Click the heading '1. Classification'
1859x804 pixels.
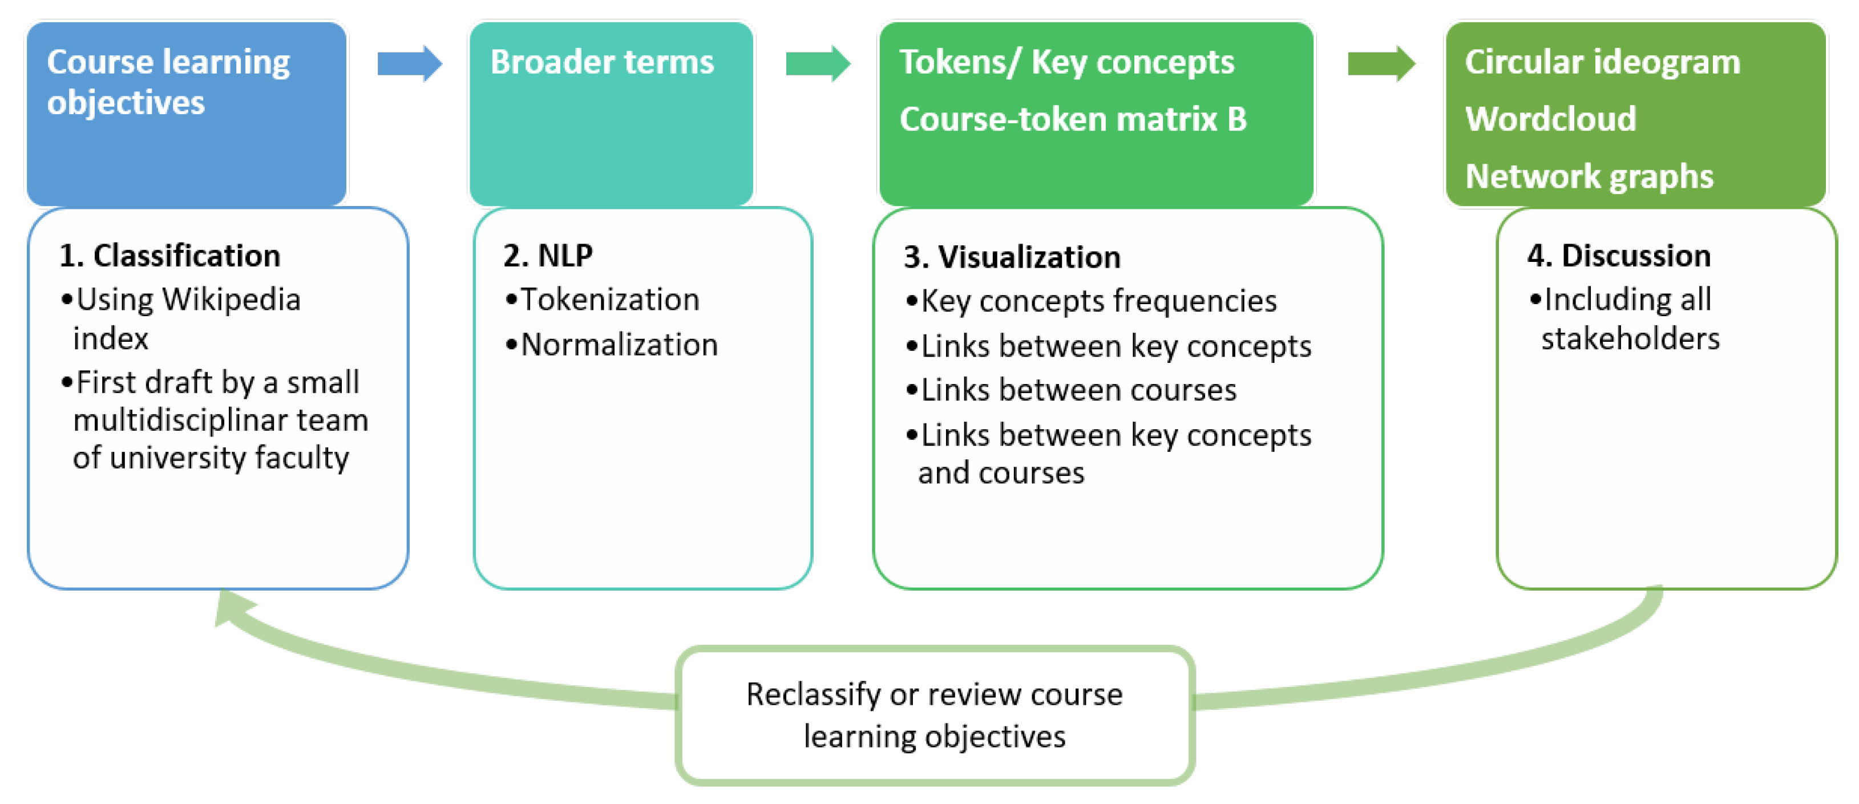point(169,256)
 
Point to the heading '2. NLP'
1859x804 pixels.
point(548,256)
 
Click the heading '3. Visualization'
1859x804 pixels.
point(1012,258)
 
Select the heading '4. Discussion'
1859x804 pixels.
point(1619,256)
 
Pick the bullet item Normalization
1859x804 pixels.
point(619,345)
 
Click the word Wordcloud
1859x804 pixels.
point(1550,119)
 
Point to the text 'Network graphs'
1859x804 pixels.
point(1589,177)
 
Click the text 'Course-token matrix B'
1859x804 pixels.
point(1072,119)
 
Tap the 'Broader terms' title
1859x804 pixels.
point(602,62)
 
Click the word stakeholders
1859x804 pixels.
point(1630,338)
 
